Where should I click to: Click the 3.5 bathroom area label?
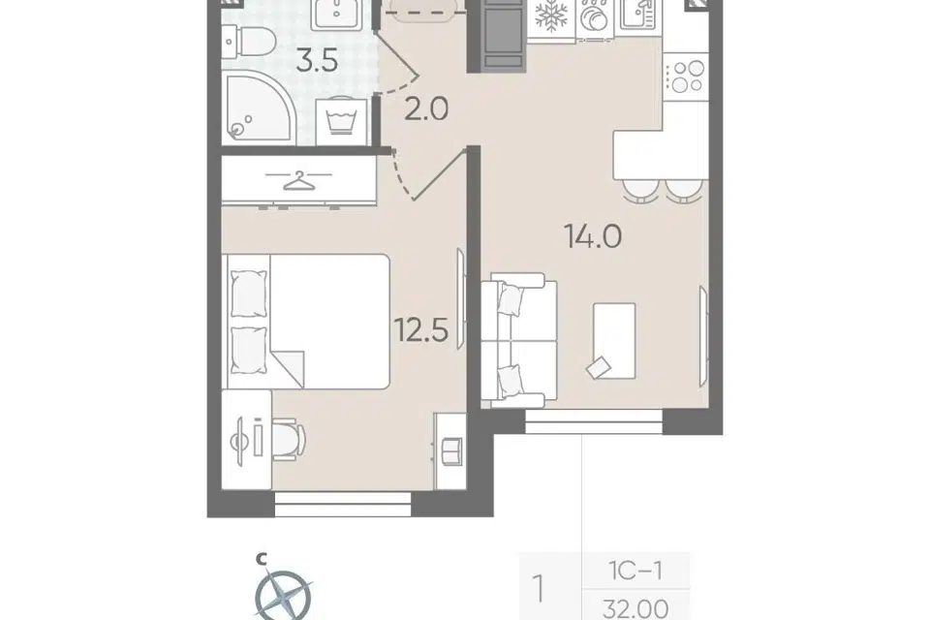click(318, 60)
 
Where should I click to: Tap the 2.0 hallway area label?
click(426, 109)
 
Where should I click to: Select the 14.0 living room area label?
click(594, 236)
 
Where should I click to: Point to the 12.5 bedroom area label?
click(421, 330)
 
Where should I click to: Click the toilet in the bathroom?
click(249, 42)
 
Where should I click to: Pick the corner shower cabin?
click(257, 107)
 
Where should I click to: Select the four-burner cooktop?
click(686, 77)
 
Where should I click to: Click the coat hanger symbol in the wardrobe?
click(299, 180)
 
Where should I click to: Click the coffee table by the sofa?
click(614, 341)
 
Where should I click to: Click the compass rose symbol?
click(283, 595)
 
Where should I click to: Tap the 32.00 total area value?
click(635, 608)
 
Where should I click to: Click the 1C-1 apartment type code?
click(635, 571)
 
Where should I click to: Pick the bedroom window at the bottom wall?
click(343, 505)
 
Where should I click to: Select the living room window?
click(594, 421)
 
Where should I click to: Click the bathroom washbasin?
click(336, 13)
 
